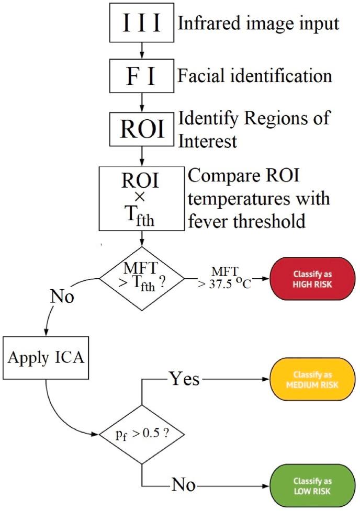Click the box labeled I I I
(x=142, y=24)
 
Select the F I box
(x=142, y=76)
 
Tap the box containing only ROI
(x=142, y=128)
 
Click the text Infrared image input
(x=258, y=24)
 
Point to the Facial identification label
(x=255, y=76)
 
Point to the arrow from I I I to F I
(x=142, y=51)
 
